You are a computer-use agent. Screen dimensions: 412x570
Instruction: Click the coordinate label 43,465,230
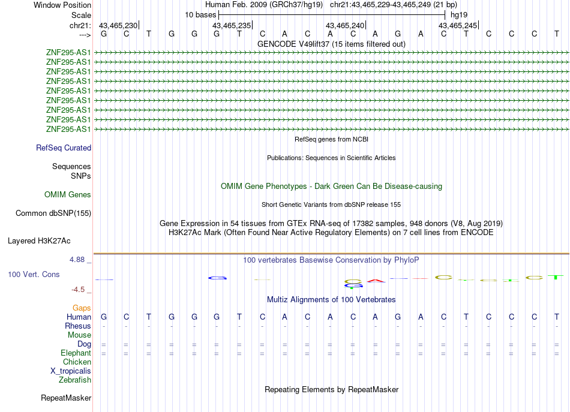pos(118,25)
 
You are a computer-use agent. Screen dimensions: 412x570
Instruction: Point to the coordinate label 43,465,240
pos(345,25)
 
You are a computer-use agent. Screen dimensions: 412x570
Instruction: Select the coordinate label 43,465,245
pos(458,25)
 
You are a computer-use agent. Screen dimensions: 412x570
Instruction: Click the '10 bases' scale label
pos(200,14)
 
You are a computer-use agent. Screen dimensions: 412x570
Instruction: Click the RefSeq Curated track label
pos(64,148)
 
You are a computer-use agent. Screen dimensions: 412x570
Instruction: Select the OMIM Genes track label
pos(68,194)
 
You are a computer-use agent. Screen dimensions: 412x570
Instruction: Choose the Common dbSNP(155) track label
pos(53,213)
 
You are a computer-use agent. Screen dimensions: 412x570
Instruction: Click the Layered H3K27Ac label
pos(39,241)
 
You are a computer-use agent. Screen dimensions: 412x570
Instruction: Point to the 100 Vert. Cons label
pos(34,274)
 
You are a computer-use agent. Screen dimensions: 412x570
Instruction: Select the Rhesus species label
pos(78,326)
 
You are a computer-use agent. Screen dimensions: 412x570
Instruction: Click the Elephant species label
pos(76,353)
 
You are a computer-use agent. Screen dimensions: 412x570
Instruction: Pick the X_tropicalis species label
pos(71,371)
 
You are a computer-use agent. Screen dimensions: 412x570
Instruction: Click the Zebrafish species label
pos(75,380)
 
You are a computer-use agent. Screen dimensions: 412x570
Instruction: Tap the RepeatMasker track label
pos(66,398)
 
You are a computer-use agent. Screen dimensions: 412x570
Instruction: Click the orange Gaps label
pos(82,307)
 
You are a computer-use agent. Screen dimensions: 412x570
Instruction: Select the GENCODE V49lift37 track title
pos(331,44)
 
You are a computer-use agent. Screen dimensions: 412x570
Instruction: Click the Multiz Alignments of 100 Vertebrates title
pos(331,299)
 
